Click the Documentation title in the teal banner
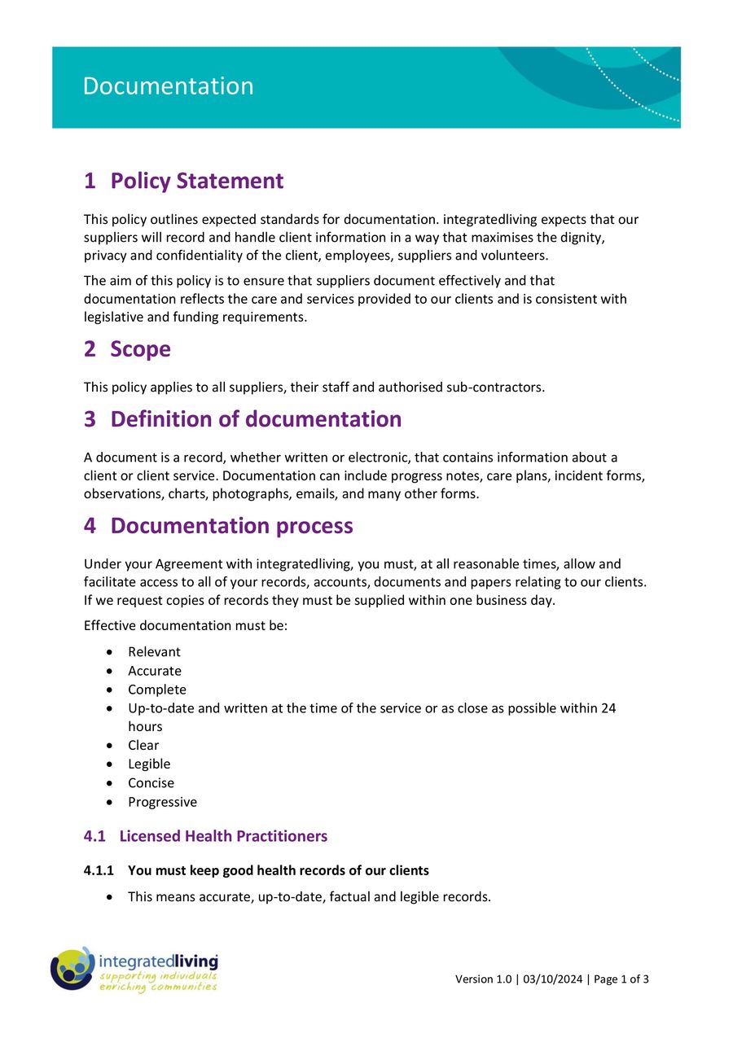click(x=168, y=86)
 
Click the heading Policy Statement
click(x=196, y=181)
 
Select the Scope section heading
click(x=140, y=349)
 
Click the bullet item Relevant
click(x=154, y=652)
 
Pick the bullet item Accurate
click(x=154, y=671)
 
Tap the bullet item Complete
click(x=156, y=690)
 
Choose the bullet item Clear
click(x=143, y=745)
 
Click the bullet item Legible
click(x=149, y=764)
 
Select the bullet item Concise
click(x=151, y=782)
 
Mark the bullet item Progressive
click(x=162, y=802)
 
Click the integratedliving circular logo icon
click(x=72, y=969)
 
